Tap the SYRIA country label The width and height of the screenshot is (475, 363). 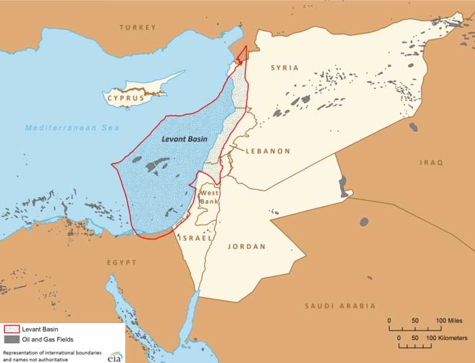[285, 68]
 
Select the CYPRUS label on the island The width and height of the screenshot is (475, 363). [126, 98]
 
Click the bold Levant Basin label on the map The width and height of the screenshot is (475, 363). [184, 139]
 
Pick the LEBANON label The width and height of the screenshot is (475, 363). [268, 151]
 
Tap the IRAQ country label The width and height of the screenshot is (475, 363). [431, 163]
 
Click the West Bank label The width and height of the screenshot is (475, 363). [208, 198]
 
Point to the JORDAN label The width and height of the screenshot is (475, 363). [247, 247]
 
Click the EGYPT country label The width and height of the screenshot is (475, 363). [121, 263]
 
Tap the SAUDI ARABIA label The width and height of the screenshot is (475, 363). [340, 306]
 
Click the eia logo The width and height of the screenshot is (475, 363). [114, 357]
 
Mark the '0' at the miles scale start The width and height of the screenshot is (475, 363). [390, 320]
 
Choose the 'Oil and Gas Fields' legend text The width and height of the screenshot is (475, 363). [48, 340]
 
